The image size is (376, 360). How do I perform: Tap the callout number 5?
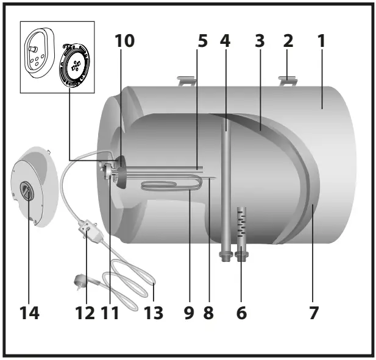(x=202, y=41)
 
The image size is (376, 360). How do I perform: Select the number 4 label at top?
(x=225, y=41)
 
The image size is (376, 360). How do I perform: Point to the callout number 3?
(x=259, y=41)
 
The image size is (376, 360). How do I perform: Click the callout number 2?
(x=288, y=41)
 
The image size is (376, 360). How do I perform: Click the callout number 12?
(x=85, y=313)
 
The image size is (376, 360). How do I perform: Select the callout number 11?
(x=112, y=313)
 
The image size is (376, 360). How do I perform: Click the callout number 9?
(x=190, y=313)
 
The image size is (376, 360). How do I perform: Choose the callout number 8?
(x=209, y=313)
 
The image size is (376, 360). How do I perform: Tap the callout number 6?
(x=241, y=313)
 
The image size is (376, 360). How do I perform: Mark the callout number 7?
(x=313, y=313)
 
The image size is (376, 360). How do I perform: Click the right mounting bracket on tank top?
(x=286, y=80)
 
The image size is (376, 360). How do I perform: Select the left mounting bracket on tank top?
(x=186, y=79)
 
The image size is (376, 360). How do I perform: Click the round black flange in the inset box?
(x=76, y=67)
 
